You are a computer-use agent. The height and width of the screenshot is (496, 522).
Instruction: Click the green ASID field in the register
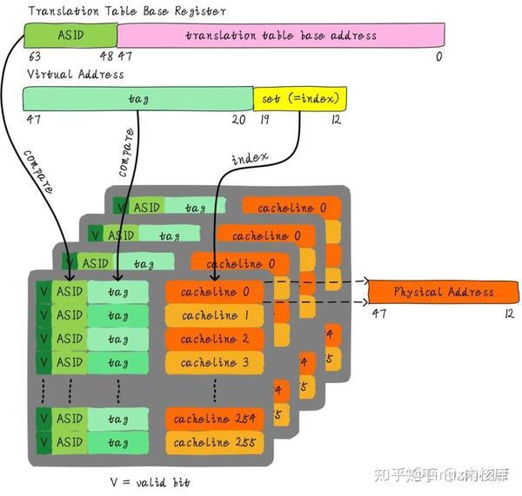point(70,35)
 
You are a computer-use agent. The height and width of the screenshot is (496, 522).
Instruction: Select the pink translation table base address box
point(280,36)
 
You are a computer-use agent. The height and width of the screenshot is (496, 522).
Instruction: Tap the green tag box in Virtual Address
point(137,99)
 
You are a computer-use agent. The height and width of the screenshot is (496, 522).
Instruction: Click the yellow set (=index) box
point(299,99)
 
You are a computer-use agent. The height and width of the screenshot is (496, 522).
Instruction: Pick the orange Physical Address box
point(444,292)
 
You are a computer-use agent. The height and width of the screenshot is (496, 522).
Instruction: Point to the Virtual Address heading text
point(75,74)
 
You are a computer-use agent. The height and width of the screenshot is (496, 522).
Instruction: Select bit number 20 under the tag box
point(238,120)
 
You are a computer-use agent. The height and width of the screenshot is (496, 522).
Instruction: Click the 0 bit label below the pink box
point(439,56)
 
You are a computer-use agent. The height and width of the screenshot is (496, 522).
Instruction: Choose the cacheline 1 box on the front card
point(214,315)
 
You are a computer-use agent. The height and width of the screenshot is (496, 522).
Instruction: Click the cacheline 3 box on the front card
point(214,362)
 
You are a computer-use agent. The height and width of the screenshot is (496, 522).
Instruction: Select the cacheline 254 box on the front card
point(214,420)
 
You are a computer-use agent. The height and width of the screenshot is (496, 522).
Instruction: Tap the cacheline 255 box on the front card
point(214,442)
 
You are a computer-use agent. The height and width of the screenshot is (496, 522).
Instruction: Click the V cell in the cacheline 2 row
point(42,339)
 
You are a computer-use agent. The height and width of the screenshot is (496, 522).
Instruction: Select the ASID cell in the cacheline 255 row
point(69,442)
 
